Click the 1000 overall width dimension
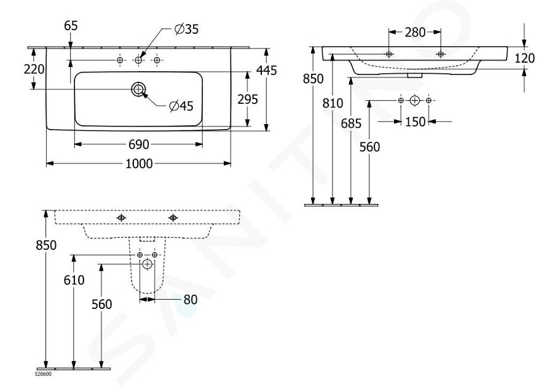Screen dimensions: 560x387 point(140,163)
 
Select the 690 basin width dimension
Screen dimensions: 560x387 point(138,144)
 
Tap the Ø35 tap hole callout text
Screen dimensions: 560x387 point(186,29)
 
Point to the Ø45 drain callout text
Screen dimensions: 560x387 point(181,106)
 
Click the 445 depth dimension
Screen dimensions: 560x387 point(266,70)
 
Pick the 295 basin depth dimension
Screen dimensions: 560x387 point(248,100)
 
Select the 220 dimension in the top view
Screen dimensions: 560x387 point(34,69)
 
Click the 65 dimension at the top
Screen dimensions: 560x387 point(71,26)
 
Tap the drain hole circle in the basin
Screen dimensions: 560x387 point(138,89)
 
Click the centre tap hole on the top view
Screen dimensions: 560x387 point(138,60)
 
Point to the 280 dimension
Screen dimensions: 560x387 point(415,33)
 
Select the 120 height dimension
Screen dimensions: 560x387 point(524,58)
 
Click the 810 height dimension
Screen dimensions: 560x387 point(333,103)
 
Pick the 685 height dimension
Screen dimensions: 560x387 point(351,123)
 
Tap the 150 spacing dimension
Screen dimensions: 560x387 point(415,122)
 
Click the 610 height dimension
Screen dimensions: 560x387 point(74,280)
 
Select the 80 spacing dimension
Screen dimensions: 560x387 point(191,300)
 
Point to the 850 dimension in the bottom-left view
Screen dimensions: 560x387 point(46,245)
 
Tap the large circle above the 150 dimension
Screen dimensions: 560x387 point(414,101)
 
